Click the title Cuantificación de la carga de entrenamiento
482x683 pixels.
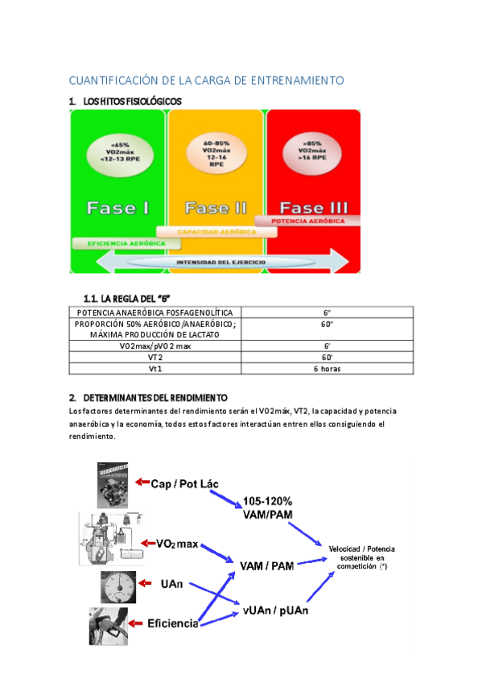(x=206, y=81)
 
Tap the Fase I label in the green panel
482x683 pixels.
(x=117, y=208)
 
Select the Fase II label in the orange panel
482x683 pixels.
(x=216, y=208)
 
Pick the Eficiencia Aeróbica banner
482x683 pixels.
(x=119, y=242)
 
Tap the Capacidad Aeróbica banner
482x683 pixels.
(x=216, y=231)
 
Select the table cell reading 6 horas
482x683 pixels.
(x=328, y=369)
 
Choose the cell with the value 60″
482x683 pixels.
(x=328, y=325)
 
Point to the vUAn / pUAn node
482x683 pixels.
(x=275, y=611)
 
